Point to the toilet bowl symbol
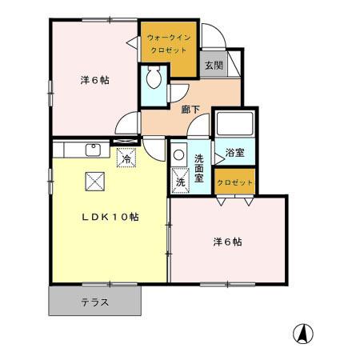[154, 79]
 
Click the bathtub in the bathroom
[234, 126]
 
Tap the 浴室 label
[234, 153]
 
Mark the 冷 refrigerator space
[126, 158]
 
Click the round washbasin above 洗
[178, 156]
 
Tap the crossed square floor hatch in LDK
[94, 182]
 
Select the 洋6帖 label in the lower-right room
[228, 241]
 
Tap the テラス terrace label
[94, 302]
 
